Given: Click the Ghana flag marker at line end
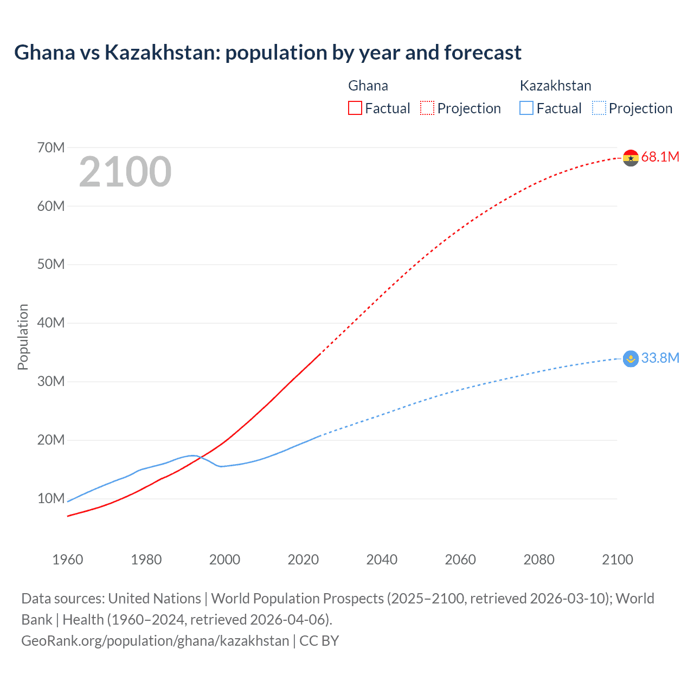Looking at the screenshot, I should click(631, 158).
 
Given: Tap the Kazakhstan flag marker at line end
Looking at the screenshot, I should click(631, 358).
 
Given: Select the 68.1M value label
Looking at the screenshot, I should click(660, 157).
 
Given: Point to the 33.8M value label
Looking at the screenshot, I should click(660, 358).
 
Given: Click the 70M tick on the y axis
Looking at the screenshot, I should click(51, 147).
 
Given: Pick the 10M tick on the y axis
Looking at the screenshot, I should click(51, 498).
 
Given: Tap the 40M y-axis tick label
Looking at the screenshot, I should click(51, 323).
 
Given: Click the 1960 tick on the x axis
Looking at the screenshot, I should click(68, 560).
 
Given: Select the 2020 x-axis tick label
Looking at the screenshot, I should click(303, 560).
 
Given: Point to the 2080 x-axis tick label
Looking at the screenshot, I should click(539, 560).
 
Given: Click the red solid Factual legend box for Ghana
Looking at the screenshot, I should click(355, 108).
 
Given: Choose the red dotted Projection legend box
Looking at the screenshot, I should click(427, 108).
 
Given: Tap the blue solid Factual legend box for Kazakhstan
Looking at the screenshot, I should click(526, 108).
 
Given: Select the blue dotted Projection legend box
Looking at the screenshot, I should click(599, 108).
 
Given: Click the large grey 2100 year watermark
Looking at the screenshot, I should click(125, 172).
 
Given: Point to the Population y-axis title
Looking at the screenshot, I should click(23, 337).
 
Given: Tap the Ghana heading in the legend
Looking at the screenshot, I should click(368, 86).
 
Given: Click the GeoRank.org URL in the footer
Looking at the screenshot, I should click(155, 641).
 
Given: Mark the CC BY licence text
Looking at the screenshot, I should click(319, 641).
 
